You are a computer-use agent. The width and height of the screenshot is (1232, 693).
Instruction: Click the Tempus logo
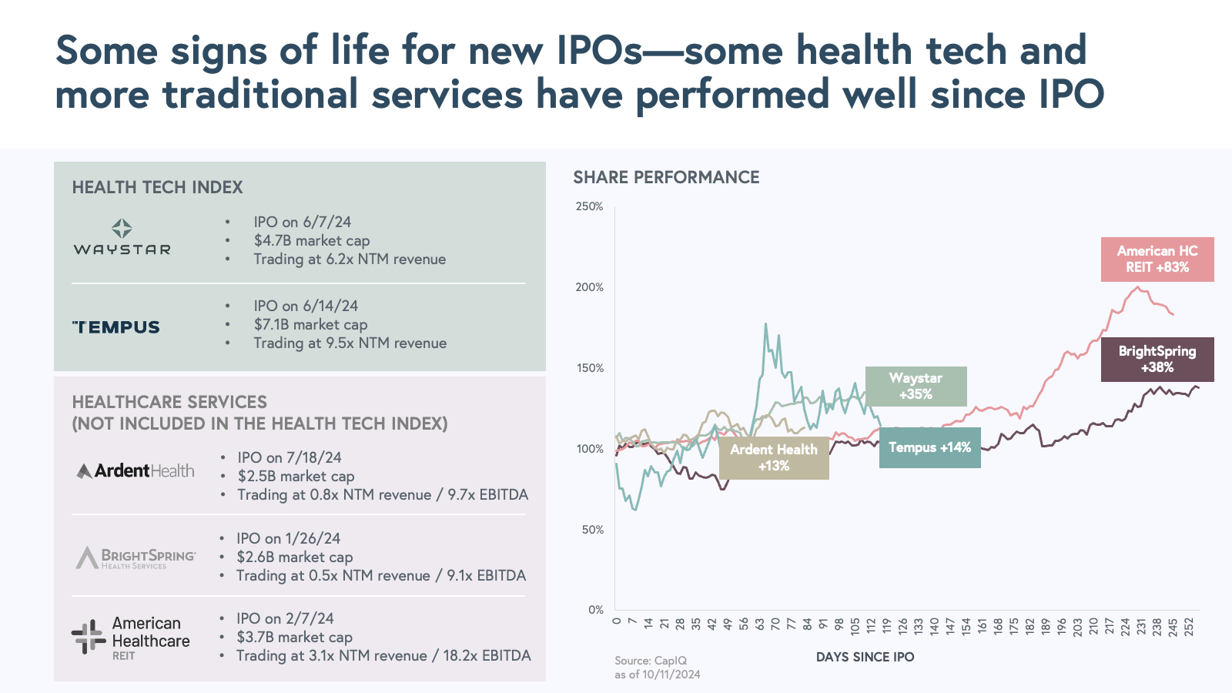tap(116, 327)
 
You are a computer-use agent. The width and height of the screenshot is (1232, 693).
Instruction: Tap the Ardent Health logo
tap(136, 470)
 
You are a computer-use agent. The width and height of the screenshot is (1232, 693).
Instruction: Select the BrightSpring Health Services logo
tap(136, 557)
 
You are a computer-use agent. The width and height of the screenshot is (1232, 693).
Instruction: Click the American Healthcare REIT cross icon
tap(88, 637)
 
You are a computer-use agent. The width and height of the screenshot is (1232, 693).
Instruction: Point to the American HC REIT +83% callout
tap(1157, 259)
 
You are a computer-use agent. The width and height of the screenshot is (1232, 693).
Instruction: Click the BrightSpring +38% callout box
tap(1157, 360)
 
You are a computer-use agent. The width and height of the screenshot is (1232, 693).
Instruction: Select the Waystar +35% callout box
tap(916, 387)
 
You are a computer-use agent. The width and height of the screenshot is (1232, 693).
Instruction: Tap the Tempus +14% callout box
tap(929, 447)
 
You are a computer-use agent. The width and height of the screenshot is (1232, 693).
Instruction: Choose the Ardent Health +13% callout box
tap(774, 457)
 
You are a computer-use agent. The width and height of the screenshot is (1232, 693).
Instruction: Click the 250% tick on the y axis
tap(590, 206)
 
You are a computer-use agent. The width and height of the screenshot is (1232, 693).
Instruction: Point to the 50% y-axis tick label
tap(592, 530)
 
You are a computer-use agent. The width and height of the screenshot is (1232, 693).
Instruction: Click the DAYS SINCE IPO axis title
tap(865, 657)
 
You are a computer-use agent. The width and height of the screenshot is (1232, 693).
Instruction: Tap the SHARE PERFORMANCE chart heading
tap(666, 178)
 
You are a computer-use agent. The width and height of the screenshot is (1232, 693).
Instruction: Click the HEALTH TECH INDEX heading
tap(157, 187)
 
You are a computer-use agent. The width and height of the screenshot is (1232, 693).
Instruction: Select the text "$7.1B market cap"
tap(310, 325)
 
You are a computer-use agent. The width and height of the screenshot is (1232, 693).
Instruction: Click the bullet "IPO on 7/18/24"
tap(290, 457)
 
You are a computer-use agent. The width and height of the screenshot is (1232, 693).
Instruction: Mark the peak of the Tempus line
tap(765, 324)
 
